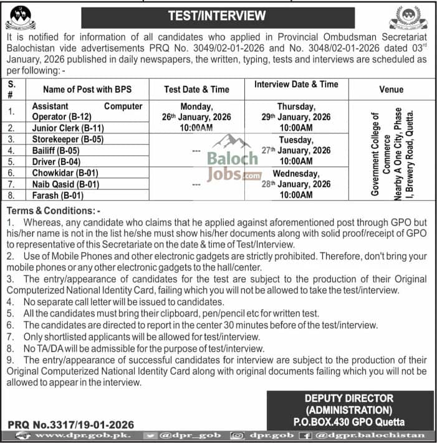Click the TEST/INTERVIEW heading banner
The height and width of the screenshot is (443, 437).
point(216,16)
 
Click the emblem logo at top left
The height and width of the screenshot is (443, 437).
point(21,17)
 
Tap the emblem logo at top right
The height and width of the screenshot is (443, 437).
point(408,17)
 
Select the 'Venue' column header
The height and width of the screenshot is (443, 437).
point(391,89)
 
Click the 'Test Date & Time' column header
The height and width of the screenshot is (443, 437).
point(196,89)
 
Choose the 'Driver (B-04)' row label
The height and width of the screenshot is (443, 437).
point(57,161)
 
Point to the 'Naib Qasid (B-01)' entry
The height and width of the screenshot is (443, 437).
point(65,184)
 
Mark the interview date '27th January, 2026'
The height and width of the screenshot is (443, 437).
point(295,150)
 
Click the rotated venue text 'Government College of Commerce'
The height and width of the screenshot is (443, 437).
point(381,153)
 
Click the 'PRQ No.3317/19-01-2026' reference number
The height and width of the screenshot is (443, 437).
point(71,424)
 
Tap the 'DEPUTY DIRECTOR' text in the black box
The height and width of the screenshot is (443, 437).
point(348,398)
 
